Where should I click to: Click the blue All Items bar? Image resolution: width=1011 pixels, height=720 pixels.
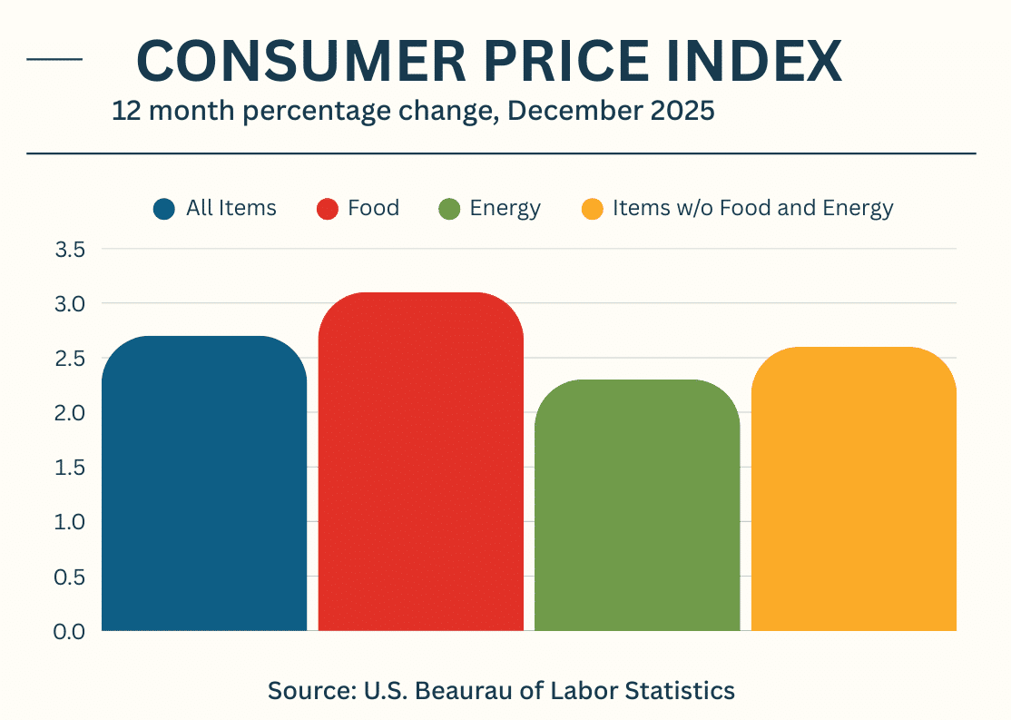click(204, 483)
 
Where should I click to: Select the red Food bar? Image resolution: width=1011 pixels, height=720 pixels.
click(421, 461)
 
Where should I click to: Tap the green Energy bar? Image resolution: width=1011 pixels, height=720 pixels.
click(637, 505)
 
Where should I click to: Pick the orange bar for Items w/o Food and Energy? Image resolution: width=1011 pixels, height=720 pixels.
click(854, 488)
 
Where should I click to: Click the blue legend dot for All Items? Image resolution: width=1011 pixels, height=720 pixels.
click(163, 209)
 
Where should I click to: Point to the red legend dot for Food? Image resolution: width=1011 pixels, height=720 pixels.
click(328, 209)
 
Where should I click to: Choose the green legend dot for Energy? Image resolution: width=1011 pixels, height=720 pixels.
click(448, 209)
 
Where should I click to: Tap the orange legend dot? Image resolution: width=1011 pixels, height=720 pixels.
click(592, 209)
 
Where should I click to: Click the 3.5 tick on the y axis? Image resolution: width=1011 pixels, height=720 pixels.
click(70, 249)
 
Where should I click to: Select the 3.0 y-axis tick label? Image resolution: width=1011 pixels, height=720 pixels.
click(70, 304)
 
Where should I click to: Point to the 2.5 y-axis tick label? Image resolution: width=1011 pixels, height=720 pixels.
click(70, 358)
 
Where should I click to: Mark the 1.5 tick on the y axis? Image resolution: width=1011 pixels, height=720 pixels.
click(70, 467)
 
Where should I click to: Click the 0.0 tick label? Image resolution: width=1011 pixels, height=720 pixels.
click(70, 631)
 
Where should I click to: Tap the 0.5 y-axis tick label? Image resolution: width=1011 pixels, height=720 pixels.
click(70, 577)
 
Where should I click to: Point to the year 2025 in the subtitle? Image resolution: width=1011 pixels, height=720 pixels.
click(682, 111)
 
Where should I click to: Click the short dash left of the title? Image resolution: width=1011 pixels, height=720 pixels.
click(54, 59)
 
